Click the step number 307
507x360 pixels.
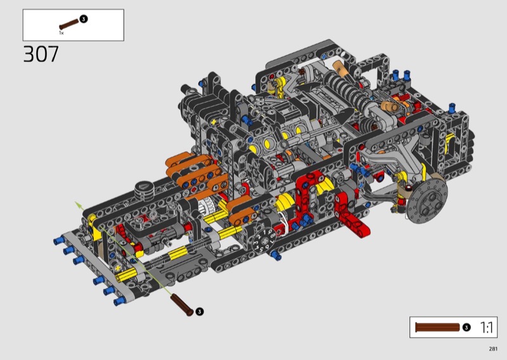[x=41, y=54]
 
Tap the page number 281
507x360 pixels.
[x=493, y=349]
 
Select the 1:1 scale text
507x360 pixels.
[x=486, y=327]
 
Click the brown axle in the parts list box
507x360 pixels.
[x=69, y=24]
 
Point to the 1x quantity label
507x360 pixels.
[x=61, y=33]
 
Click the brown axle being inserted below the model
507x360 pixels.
[x=182, y=305]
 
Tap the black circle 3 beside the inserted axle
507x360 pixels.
[x=200, y=311]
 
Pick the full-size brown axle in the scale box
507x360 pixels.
[x=437, y=327]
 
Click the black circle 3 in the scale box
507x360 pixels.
[x=466, y=327]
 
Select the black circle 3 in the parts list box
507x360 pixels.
[x=84, y=19]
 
